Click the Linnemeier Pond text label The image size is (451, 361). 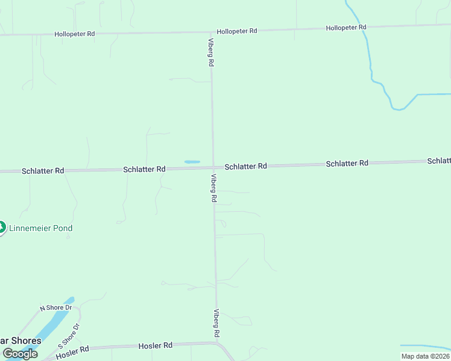coord(41,228)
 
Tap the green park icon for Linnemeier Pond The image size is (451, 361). coord(2,227)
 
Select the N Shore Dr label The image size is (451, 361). coord(55,308)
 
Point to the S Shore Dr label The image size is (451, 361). coord(69,335)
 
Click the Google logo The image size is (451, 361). coord(20,354)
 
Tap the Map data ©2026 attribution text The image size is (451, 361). coord(424,356)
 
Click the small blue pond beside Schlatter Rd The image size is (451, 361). coord(192,162)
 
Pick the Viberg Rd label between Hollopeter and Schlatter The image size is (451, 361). coord(211,53)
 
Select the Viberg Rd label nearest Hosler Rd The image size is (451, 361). coord(216,323)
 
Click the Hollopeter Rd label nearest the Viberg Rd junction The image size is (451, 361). coord(237,31)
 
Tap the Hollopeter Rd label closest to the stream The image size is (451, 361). coord(346,28)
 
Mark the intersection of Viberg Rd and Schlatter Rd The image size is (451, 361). coord(213,167)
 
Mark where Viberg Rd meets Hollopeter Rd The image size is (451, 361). coord(211,32)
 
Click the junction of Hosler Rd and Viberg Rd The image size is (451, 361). coord(217,344)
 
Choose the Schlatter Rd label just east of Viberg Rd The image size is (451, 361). coord(245,166)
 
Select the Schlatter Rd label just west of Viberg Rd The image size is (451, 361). coord(144,170)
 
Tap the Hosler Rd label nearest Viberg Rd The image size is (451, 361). coord(156,345)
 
